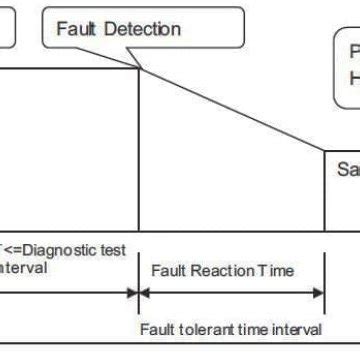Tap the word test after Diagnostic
[115, 249]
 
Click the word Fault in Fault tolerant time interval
[158, 329]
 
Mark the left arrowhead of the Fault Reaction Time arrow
[144, 294]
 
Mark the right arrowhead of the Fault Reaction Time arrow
[319, 294]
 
